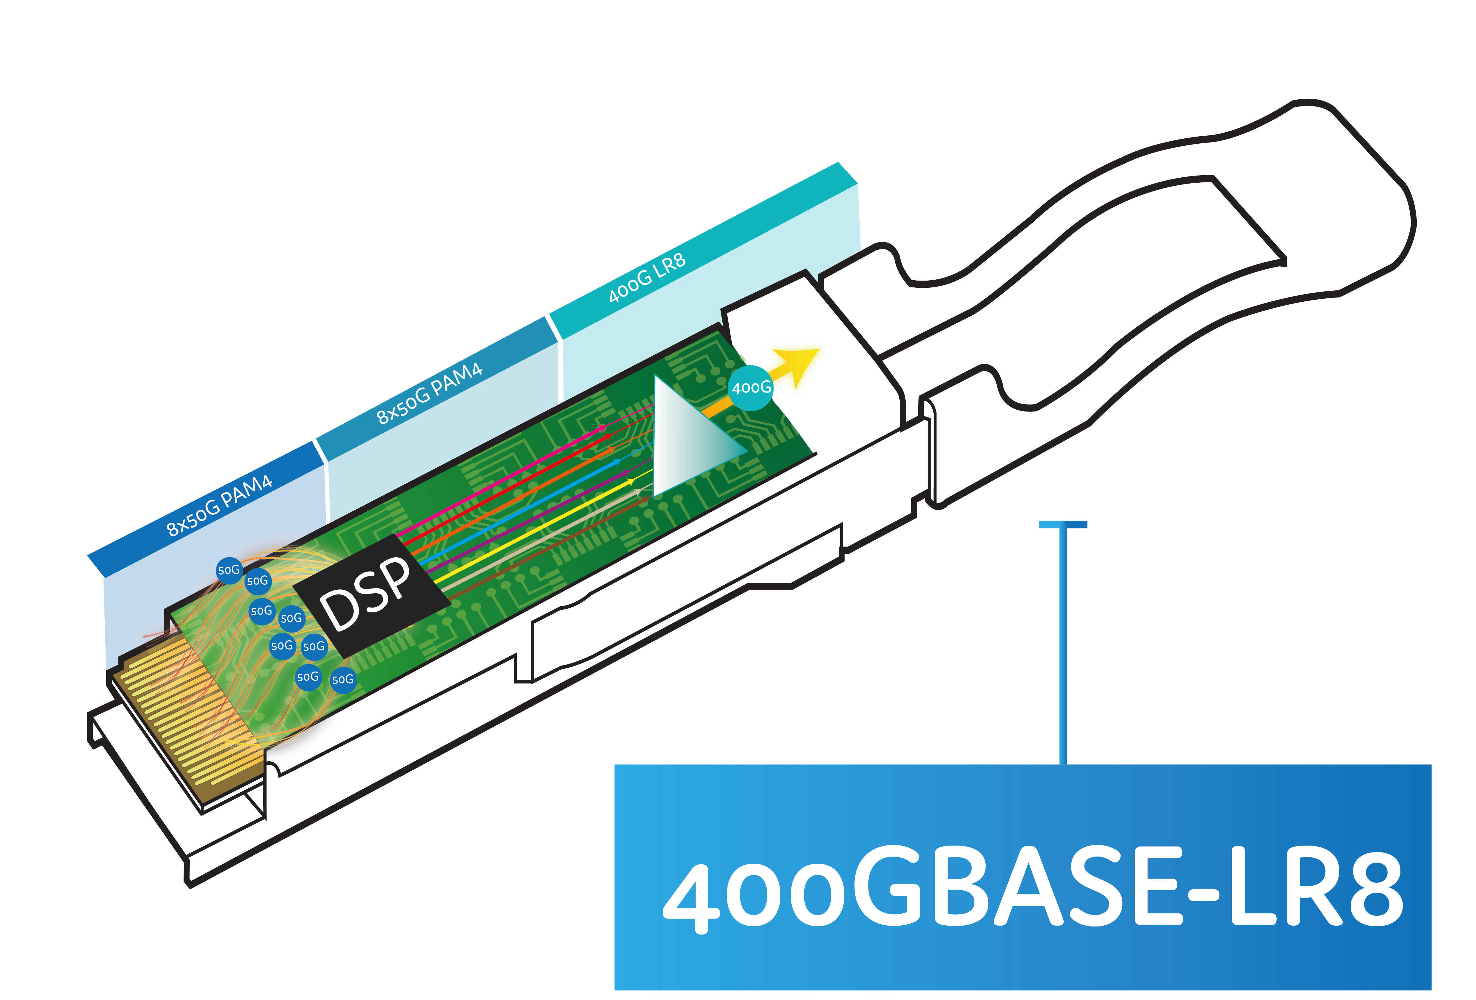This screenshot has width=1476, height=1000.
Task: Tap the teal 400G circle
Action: [x=751, y=387]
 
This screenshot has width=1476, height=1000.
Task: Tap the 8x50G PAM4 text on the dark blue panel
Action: [x=219, y=505]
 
